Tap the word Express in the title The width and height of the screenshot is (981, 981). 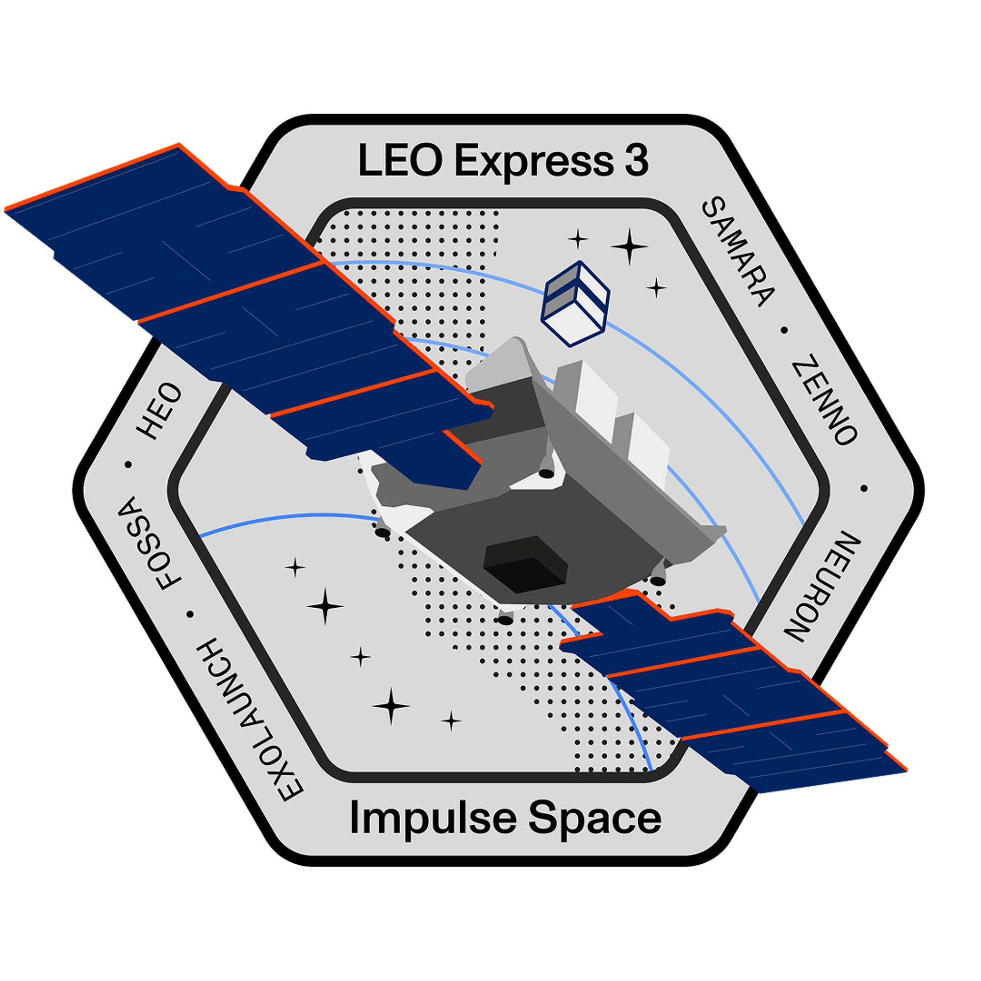[534, 162]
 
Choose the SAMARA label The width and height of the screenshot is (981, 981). [739, 252]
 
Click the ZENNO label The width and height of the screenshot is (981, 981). [826, 399]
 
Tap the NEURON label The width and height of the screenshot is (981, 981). [823, 587]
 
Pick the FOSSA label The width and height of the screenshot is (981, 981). [149, 543]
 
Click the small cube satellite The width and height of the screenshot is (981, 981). [575, 304]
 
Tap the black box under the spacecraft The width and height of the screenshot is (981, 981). [525, 564]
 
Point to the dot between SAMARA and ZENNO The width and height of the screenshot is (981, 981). [784, 331]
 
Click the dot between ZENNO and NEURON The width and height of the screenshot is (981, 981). [864, 489]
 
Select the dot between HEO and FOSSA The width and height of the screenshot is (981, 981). [128, 465]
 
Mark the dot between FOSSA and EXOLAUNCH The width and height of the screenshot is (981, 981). [190, 615]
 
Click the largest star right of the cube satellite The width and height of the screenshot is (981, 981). [630, 247]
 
